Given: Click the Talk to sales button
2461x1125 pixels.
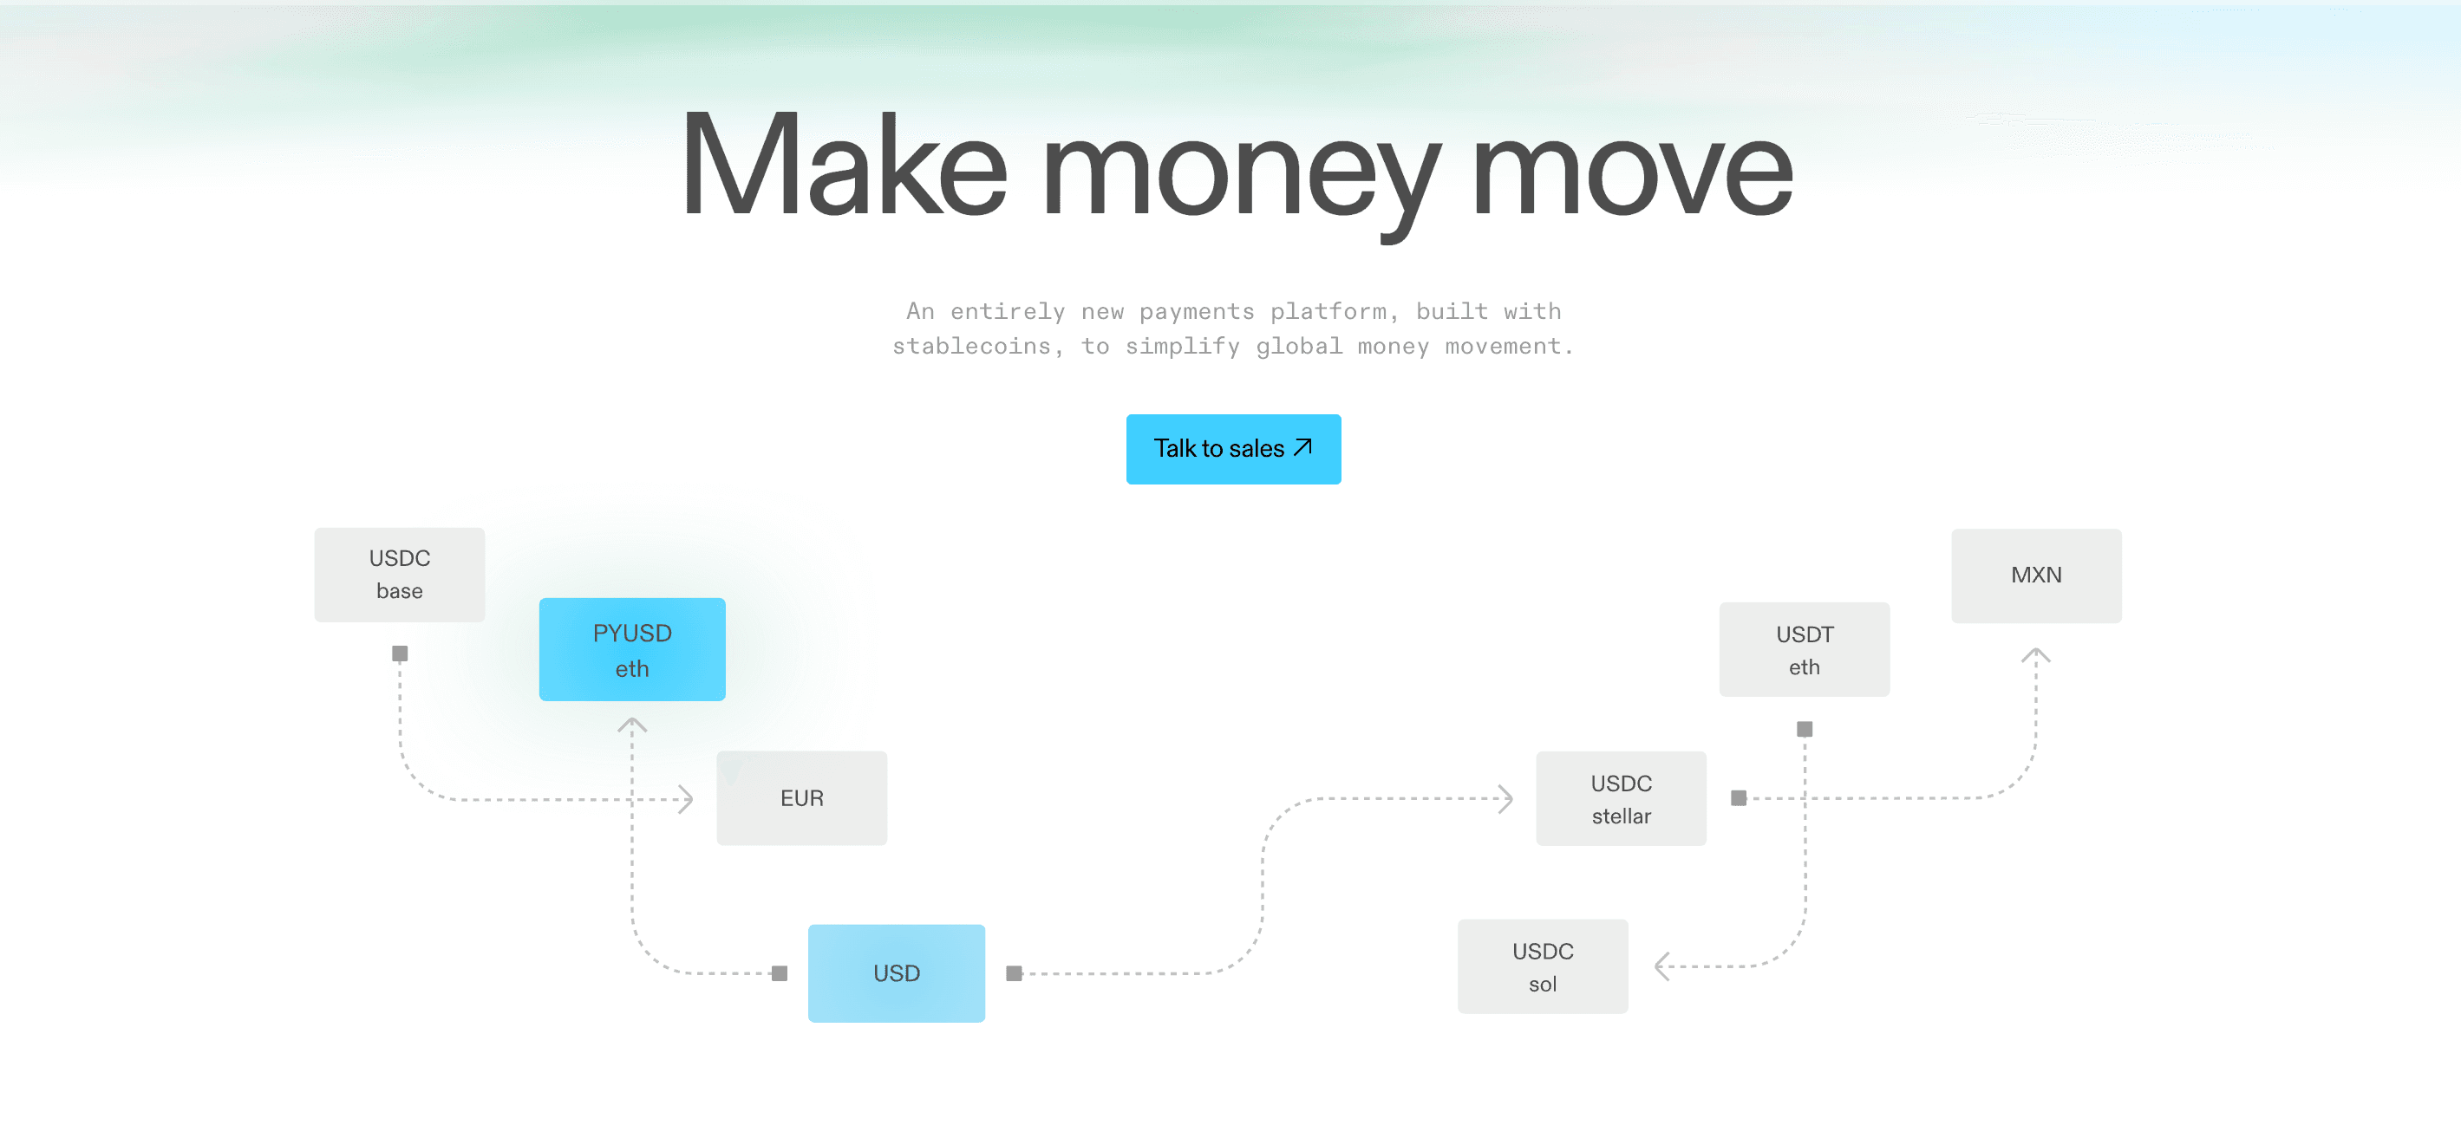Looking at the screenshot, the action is coord(1232,449).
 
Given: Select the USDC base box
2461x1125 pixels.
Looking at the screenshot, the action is coord(400,575).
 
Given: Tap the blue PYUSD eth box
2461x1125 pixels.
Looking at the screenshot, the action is coord(631,649).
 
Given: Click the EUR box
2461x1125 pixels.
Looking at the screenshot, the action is coord(801,798).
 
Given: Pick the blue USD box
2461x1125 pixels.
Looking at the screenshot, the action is coord(896,973).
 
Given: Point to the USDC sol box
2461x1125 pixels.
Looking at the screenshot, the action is coord(1542,966).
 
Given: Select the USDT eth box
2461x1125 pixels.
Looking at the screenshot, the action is coord(1804,649).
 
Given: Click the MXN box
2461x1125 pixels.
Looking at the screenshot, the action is coord(2036,576).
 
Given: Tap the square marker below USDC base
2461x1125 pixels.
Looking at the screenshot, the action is coord(400,654).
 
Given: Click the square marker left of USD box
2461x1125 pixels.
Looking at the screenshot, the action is coord(780,973).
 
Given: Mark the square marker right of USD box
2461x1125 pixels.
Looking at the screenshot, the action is coord(1014,973).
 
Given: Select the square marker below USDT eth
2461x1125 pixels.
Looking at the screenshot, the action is coord(1804,729).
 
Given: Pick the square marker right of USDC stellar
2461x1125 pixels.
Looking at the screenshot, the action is coord(1738,797).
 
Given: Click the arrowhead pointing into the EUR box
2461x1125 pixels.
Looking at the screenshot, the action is coord(685,799).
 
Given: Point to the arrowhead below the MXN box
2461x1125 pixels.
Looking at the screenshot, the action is coord(2036,655).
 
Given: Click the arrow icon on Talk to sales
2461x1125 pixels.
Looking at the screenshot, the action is coord(1302,447).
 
